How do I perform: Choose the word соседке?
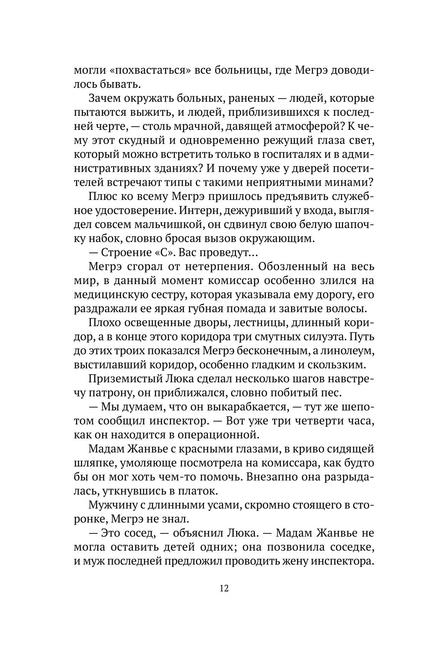tap(350, 547)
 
